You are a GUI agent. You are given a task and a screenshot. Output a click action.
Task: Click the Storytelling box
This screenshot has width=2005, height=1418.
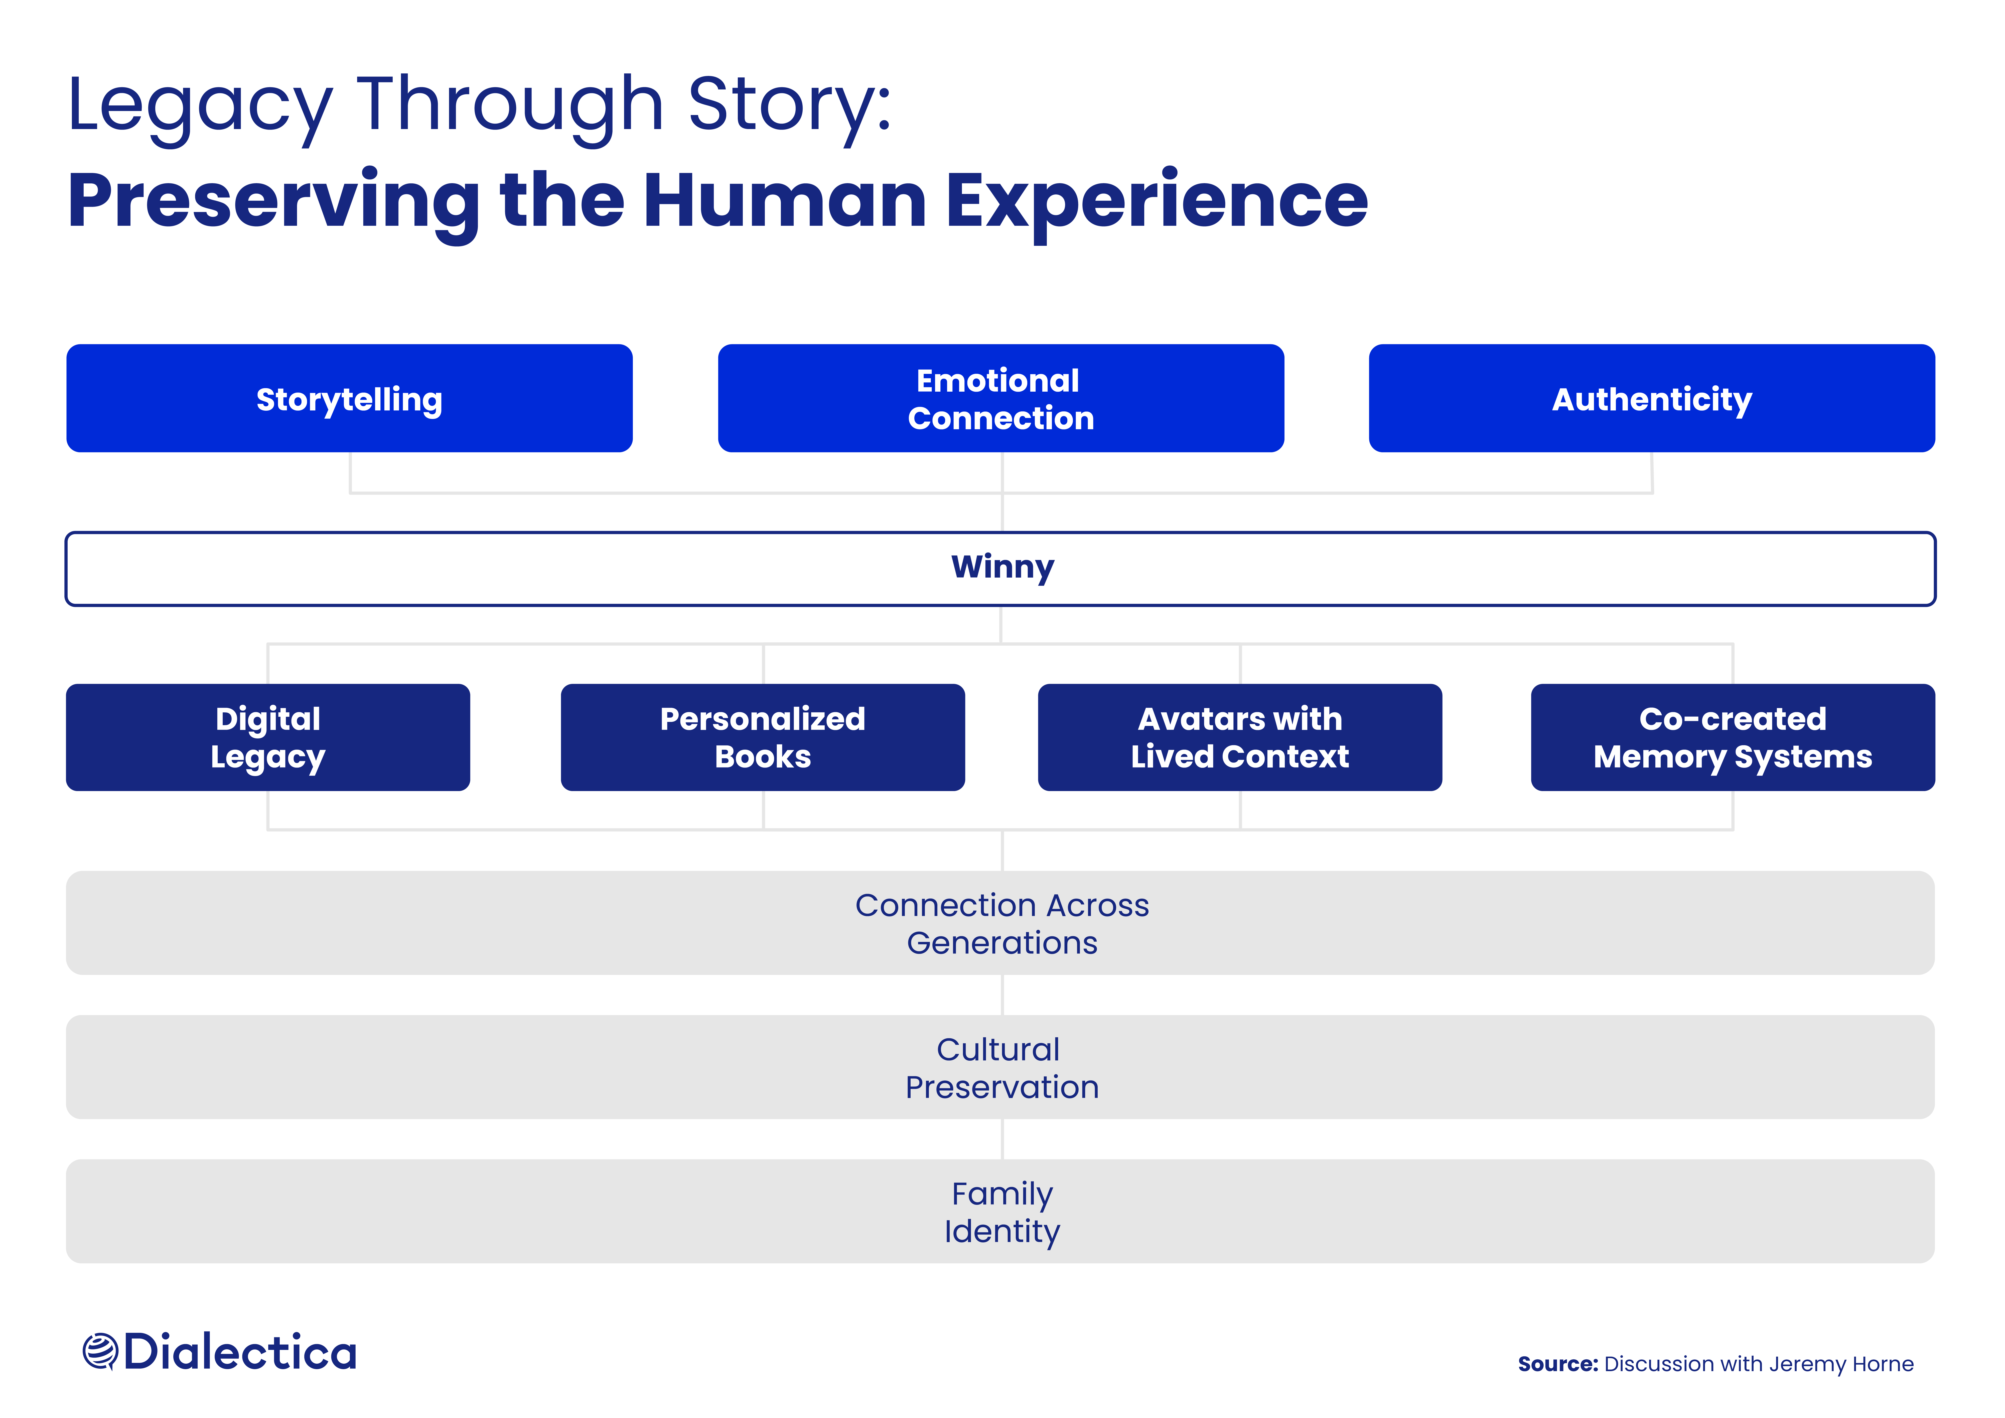[349, 398]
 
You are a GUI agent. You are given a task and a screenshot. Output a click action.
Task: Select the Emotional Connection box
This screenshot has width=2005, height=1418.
[1001, 398]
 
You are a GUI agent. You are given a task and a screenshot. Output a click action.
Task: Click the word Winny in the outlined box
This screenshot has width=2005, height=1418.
[1002, 568]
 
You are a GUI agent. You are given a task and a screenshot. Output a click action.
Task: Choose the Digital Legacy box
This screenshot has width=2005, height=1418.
[268, 737]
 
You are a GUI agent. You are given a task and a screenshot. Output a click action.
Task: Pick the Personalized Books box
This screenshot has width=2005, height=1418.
[762, 737]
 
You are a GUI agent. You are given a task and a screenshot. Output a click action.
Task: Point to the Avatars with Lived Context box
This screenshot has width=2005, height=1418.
[1240, 737]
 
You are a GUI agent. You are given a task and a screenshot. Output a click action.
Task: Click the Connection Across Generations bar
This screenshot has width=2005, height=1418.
[1001, 923]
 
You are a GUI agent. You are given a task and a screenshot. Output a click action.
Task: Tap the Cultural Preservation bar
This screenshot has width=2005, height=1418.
[1001, 1067]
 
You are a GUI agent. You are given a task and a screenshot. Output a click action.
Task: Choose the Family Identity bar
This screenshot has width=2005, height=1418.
[1001, 1211]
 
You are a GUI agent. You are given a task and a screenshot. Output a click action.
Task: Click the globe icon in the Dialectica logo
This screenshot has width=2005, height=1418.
[100, 1352]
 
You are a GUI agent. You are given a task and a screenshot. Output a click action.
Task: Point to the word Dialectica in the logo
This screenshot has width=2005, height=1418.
[240, 1352]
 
